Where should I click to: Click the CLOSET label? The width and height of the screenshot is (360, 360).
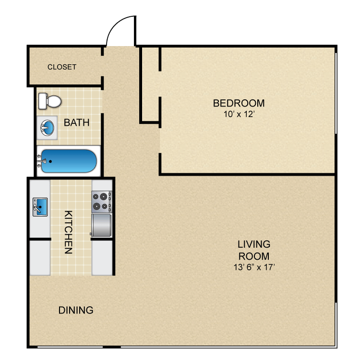(x=61, y=67)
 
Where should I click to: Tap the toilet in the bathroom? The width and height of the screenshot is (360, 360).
(x=50, y=101)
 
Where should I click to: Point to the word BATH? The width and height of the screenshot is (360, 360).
(x=77, y=122)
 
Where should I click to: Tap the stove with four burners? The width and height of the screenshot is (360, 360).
(x=101, y=202)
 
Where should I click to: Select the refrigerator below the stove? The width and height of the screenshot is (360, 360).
(x=101, y=225)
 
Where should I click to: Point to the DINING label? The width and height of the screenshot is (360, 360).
(x=76, y=310)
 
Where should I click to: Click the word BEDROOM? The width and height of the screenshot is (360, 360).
(x=239, y=103)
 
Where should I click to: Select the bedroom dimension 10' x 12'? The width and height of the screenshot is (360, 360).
(x=239, y=114)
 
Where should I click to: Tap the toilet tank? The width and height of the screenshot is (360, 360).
(x=42, y=101)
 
